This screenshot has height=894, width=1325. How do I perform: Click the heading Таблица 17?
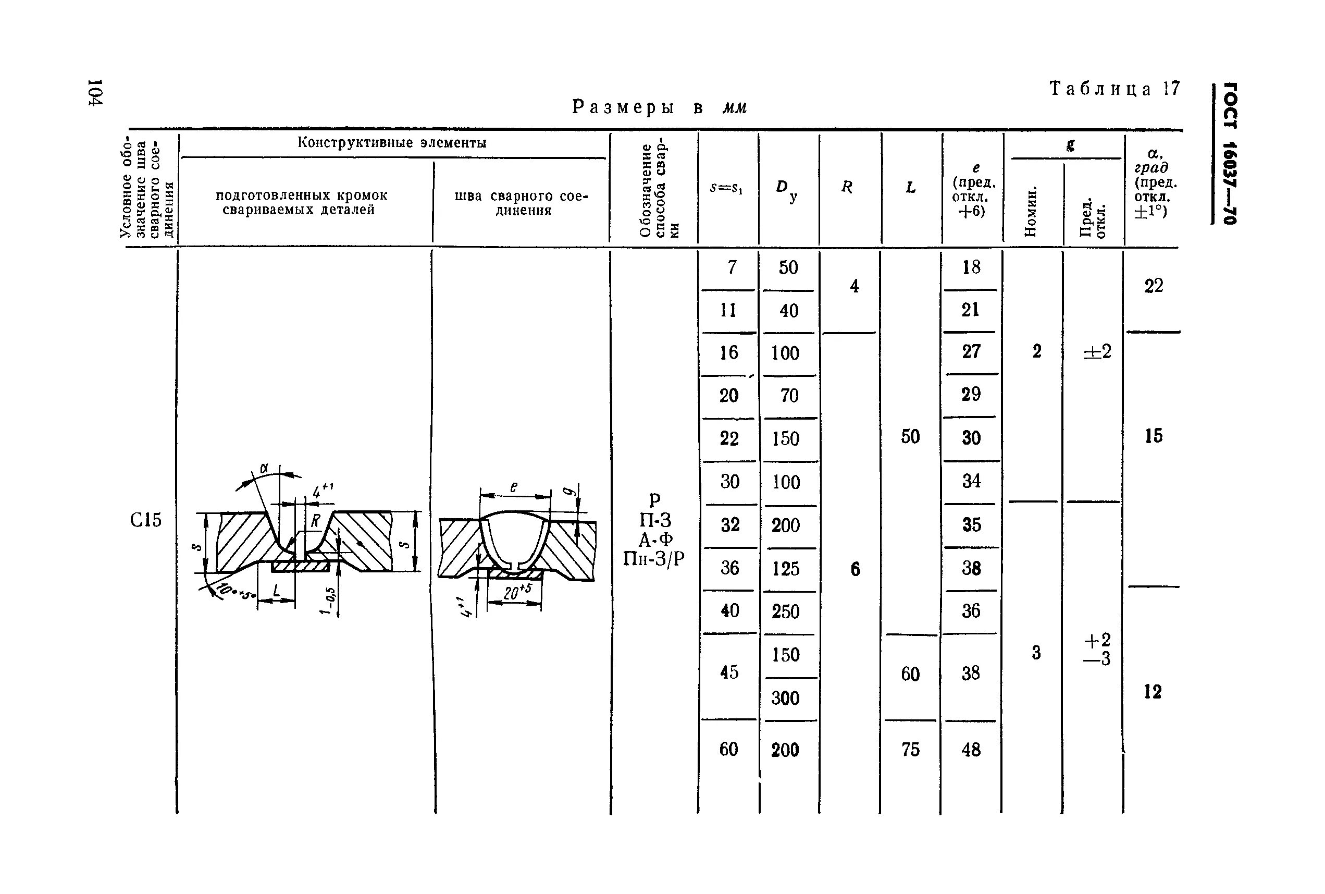click(1114, 90)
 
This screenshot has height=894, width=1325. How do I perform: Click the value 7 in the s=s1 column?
click(732, 267)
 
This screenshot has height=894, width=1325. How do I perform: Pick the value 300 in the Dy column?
click(785, 698)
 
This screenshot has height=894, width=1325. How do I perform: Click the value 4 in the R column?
click(855, 286)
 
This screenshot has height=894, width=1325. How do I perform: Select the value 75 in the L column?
click(910, 749)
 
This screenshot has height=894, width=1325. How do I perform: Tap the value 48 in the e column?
click(971, 749)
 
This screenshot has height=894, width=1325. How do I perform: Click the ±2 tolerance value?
click(1097, 352)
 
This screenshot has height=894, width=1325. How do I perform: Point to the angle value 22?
click(1154, 286)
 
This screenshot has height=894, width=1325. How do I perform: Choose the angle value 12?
click(1153, 692)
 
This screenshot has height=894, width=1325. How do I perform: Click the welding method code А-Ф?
click(655, 540)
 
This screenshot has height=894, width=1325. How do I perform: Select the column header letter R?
click(847, 187)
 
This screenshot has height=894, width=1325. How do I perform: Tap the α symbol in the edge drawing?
click(264, 469)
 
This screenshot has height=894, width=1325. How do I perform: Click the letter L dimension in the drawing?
click(276, 591)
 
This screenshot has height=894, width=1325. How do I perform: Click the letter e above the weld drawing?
click(513, 487)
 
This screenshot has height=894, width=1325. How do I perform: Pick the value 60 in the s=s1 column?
click(729, 749)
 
